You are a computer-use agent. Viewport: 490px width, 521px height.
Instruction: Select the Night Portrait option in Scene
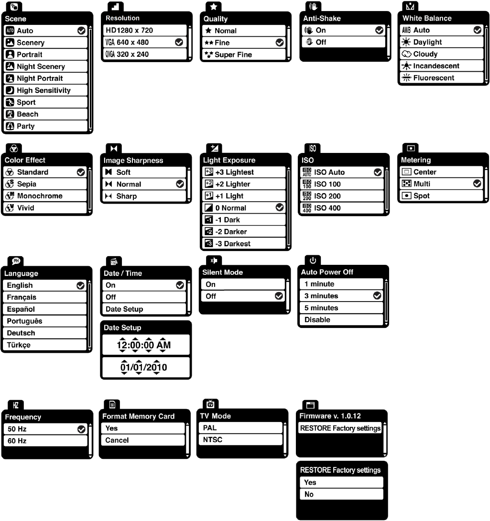46,78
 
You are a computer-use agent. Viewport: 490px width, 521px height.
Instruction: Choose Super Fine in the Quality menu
243,54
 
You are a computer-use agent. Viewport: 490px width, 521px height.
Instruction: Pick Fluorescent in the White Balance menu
440,78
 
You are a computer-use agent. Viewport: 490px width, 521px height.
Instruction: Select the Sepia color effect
46,184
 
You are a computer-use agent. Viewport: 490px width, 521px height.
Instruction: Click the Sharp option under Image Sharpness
144,196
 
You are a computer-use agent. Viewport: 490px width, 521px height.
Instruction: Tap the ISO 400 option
341,208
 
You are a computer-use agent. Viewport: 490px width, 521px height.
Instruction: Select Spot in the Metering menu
440,196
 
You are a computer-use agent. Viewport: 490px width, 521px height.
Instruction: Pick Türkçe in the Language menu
46,345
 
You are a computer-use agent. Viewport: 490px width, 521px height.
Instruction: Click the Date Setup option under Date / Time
143,309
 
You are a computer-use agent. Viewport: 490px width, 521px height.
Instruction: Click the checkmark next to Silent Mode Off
279,296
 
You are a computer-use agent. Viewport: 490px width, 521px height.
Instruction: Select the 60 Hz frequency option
46,441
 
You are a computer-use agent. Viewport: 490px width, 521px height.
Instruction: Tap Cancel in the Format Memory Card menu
142,440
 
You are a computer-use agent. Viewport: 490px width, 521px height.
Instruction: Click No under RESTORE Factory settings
341,494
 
